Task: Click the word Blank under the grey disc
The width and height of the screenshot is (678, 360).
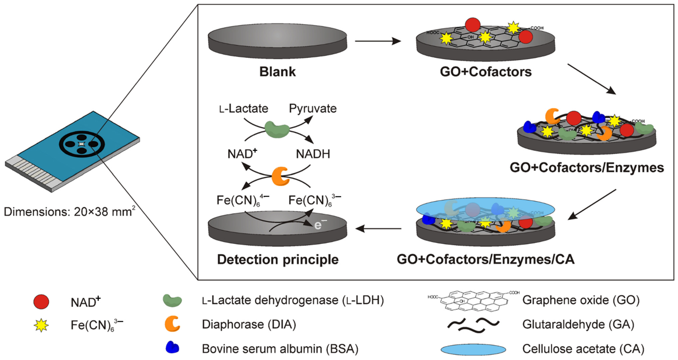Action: pos(277,72)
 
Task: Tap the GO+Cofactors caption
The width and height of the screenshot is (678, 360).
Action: pos(486,72)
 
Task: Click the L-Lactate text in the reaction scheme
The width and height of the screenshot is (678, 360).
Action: pos(243,108)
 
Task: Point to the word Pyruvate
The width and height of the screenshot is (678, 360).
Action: pos(313,108)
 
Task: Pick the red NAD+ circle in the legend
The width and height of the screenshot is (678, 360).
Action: pos(41,302)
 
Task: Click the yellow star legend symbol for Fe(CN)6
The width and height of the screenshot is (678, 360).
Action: pos(41,325)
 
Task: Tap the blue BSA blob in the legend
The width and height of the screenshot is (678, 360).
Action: pos(172,347)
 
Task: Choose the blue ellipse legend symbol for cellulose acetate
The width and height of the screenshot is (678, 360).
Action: pos(473,349)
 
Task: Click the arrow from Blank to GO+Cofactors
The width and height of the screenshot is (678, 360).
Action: pos(378,41)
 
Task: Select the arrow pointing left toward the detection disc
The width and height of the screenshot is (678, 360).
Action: pos(378,228)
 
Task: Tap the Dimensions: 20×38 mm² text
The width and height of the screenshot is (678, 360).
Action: pos(69,212)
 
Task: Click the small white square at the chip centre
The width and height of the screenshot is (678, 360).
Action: pos(82,144)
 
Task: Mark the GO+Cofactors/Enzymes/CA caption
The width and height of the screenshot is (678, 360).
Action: pos(486,259)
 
